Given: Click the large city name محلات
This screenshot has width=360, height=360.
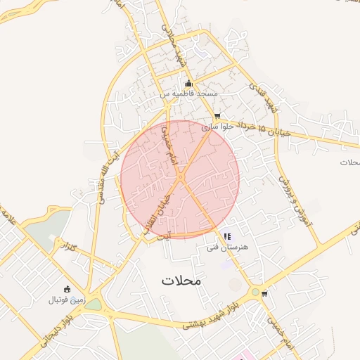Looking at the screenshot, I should (181, 280).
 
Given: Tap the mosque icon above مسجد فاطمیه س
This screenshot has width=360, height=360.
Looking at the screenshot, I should (188, 84).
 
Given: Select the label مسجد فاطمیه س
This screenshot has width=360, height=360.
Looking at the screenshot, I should (188, 94).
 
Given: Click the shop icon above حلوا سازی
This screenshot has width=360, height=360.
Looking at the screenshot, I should (217, 116).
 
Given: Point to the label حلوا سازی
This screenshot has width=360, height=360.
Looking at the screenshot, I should (217, 127).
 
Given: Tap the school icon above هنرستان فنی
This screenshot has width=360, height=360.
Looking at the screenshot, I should (226, 237).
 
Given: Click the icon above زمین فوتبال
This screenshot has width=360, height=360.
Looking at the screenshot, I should (67, 289).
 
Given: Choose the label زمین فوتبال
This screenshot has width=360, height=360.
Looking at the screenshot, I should (66, 300).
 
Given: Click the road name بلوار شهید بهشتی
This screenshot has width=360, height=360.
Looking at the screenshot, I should (210, 315).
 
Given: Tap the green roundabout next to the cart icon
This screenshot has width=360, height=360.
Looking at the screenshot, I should (255, 292).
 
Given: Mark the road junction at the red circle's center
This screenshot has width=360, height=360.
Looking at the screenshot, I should (180, 179).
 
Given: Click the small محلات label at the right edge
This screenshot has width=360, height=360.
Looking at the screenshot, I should (349, 162).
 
